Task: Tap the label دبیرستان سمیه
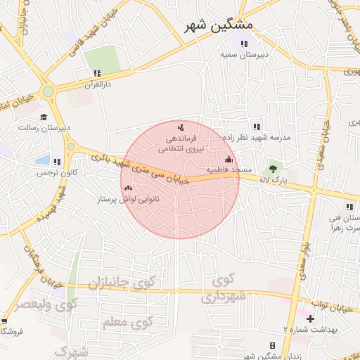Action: coord(243,54)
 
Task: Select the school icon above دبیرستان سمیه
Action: coord(243,44)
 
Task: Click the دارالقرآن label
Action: coord(98,84)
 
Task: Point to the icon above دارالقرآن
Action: coord(97,73)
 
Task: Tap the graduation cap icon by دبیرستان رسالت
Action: coord(44,117)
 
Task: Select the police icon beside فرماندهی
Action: coord(181,127)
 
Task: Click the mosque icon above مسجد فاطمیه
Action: coord(229,160)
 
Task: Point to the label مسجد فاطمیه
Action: coord(229,170)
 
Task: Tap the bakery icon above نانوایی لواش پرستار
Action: coord(128,188)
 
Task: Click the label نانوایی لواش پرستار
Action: coord(127,200)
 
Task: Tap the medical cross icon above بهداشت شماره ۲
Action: coord(310,319)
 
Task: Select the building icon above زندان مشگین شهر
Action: coord(272,345)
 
